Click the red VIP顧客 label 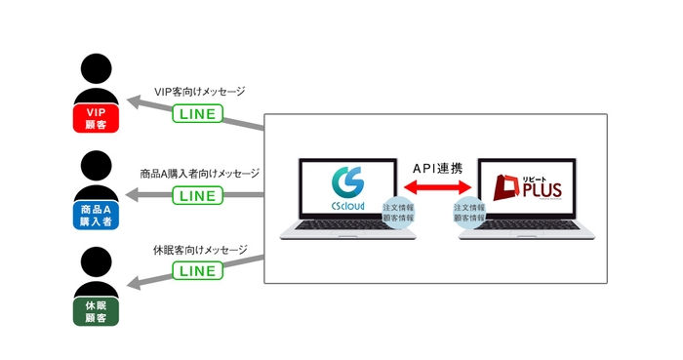coord(96,119)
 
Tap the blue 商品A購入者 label coord(96,215)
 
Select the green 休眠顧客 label coord(96,310)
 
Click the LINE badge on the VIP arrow coord(197,114)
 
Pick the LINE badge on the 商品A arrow coord(197,195)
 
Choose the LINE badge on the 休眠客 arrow coord(197,270)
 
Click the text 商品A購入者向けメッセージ coord(199,174)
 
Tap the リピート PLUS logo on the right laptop coord(527,186)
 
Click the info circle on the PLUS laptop coord(469,213)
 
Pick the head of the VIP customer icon coord(96,69)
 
